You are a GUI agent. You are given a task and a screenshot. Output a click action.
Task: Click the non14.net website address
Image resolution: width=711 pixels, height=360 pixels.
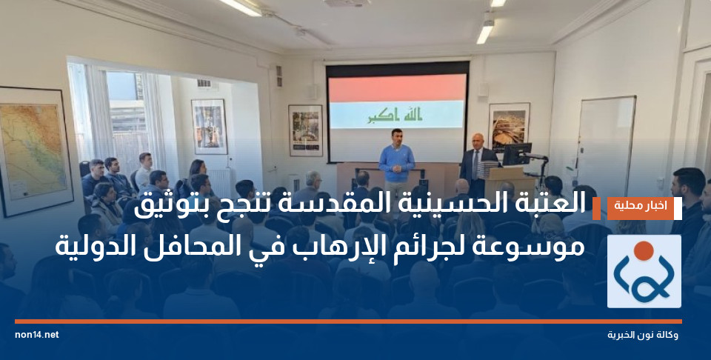pos(36,335)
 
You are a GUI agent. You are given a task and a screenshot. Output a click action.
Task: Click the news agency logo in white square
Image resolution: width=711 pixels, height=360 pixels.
pos(644,271)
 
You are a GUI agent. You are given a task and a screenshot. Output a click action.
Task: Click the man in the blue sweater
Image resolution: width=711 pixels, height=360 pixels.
pos(397,159)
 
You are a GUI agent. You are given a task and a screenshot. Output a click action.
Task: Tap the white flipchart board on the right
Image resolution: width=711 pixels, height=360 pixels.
pos(606,144)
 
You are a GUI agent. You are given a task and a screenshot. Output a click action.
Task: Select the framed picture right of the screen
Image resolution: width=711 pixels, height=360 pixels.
pos(509,125)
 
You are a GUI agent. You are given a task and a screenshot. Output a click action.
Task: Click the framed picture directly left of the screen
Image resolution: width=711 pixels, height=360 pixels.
pos(305,130)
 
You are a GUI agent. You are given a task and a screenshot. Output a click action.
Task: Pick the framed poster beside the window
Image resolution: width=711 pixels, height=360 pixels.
pos(209,126)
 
